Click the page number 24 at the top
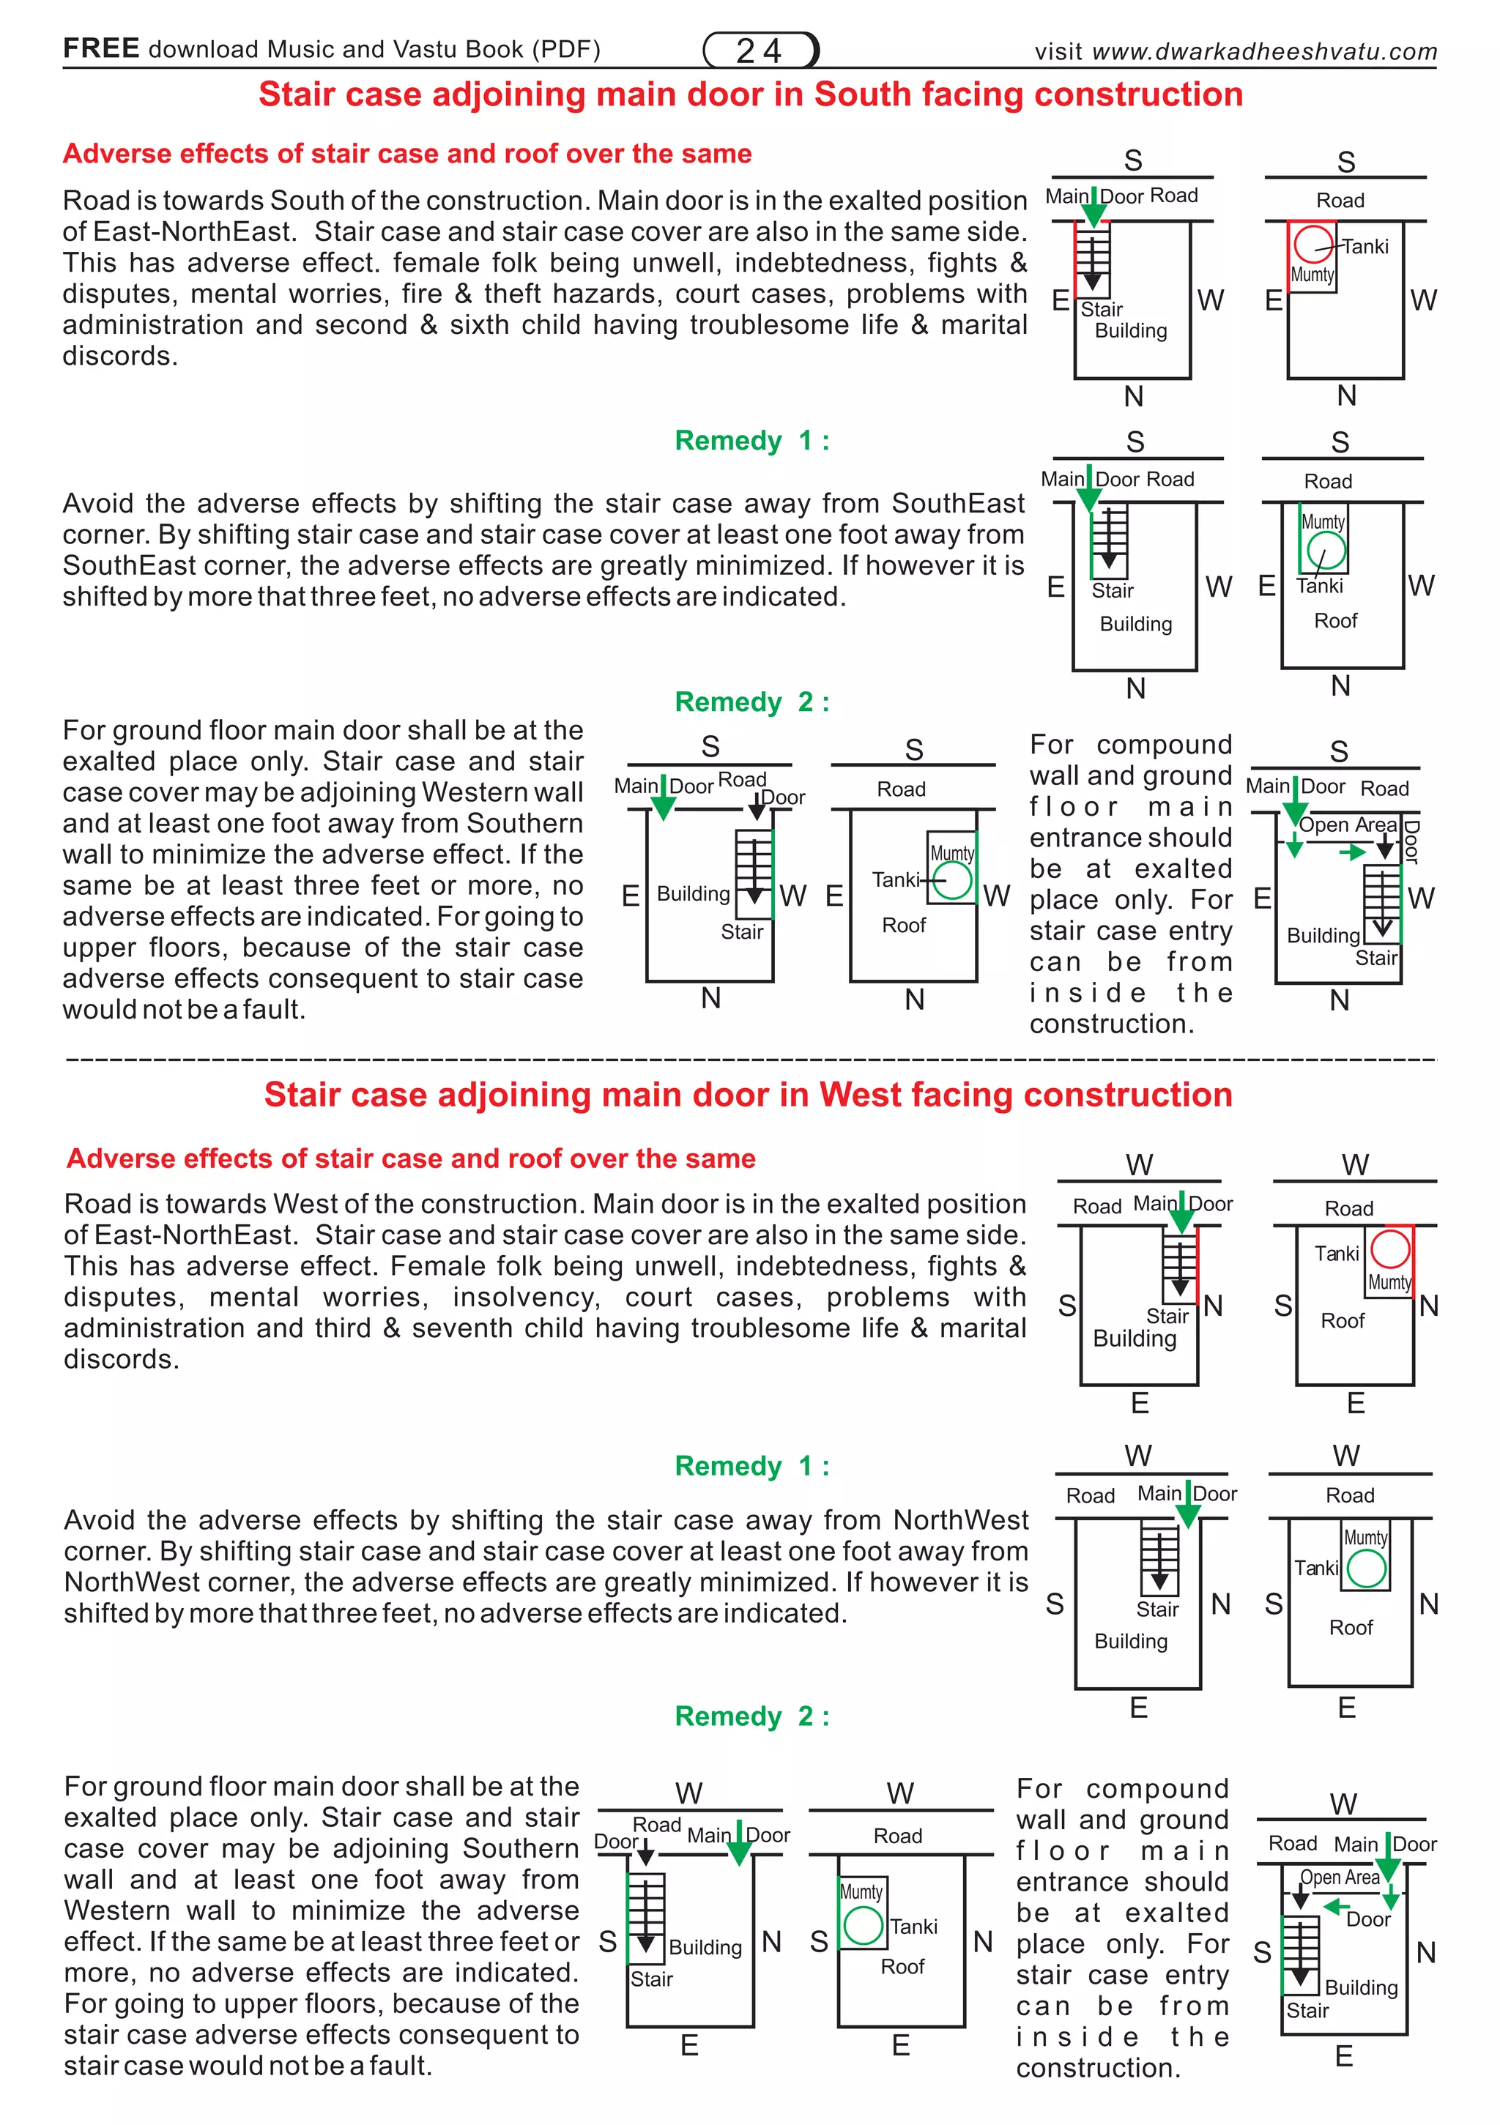pos(760,50)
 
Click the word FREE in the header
pos(101,48)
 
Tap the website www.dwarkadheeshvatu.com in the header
pos(1264,52)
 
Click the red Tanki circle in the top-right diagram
pos(1313,245)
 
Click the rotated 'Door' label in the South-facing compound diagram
pos(1411,841)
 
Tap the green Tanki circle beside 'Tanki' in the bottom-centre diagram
pos(863,1926)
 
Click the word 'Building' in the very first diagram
pos(1131,331)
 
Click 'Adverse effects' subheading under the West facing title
pos(410,1158)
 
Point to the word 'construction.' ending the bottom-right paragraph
pos(1098,2069)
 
